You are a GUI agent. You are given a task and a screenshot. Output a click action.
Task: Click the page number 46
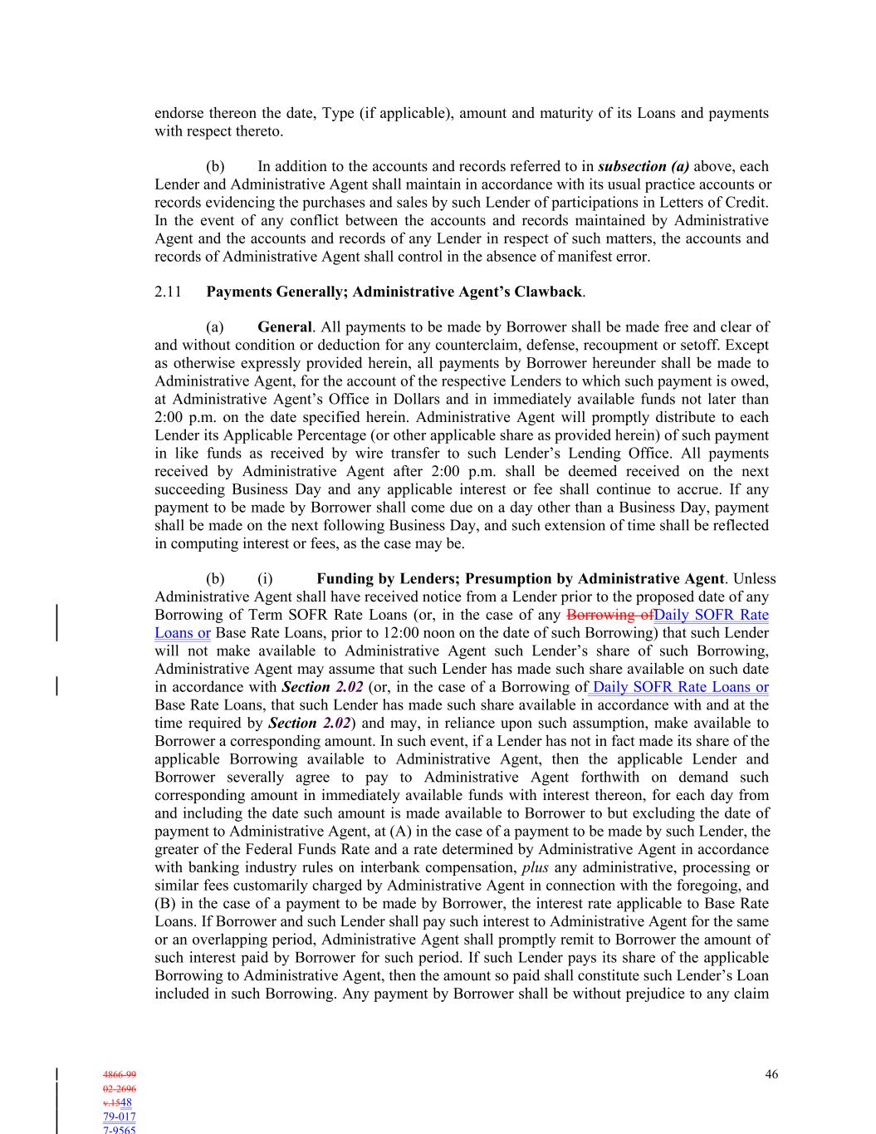click(771, 1074)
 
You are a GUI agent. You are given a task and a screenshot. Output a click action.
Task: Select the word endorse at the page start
click(179, 113)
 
